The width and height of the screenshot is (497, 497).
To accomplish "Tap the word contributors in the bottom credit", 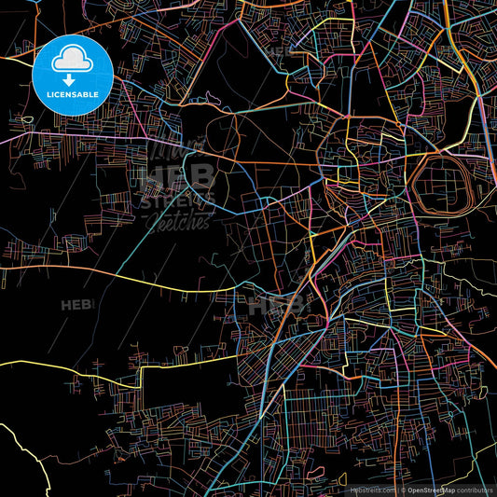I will pyautogui.click(x=475, y=489).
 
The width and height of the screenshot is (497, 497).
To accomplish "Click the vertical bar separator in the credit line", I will pyautogui.click(x=398, y=489).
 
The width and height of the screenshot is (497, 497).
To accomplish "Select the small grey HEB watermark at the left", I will pyautogui.click(x=76, y=305).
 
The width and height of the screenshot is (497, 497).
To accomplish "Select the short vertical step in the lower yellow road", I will pyautogui.click(x=141, y=377).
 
